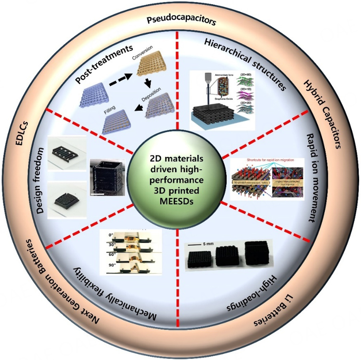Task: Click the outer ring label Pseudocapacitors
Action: pyautogui.click(x=180, y=21)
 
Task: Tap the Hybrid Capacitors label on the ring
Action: pyautogui.click(x=322, y=114)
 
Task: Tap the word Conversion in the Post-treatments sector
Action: pyautogui.click(x=143, y=58)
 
